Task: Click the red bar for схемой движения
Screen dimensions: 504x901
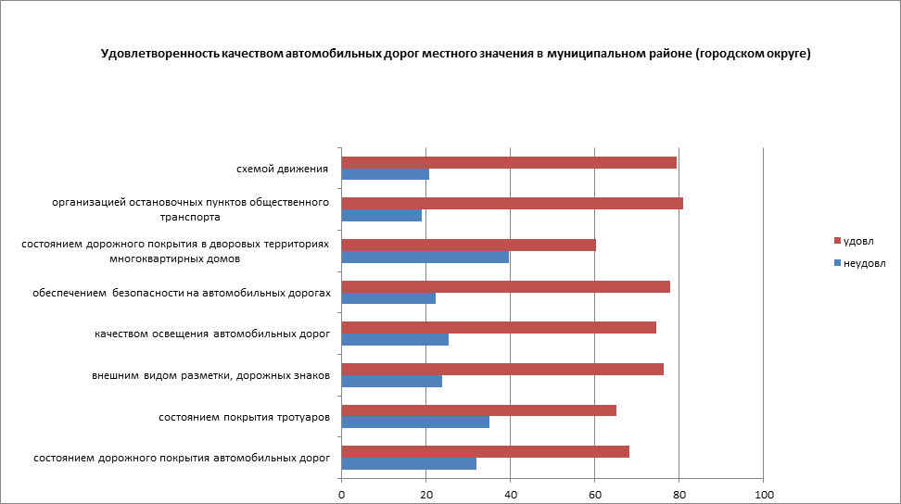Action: tap(509, 162)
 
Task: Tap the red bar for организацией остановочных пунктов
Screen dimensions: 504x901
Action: tap(513, 204)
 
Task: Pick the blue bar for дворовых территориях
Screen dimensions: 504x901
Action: tap(425, 258)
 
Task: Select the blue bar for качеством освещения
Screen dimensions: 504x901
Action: tap(395, 339)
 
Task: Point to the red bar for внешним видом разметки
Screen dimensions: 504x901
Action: tap(502, 369)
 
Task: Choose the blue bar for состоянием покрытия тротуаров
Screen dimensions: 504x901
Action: tap(415, 422)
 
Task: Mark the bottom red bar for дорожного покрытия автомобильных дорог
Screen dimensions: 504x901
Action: tap(486, 451)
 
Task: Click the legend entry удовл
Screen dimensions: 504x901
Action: tap(858, 241)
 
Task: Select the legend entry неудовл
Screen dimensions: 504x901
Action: tap(864, 262)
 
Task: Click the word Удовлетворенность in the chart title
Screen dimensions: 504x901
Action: tap(159, 54)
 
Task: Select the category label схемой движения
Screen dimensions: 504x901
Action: tap(282, 169)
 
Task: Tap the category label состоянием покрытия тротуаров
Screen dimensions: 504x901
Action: tap(245, 417)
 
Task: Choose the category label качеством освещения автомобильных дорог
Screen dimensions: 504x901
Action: tap(212, 334)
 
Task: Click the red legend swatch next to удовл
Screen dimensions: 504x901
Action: tap(836, 241)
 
